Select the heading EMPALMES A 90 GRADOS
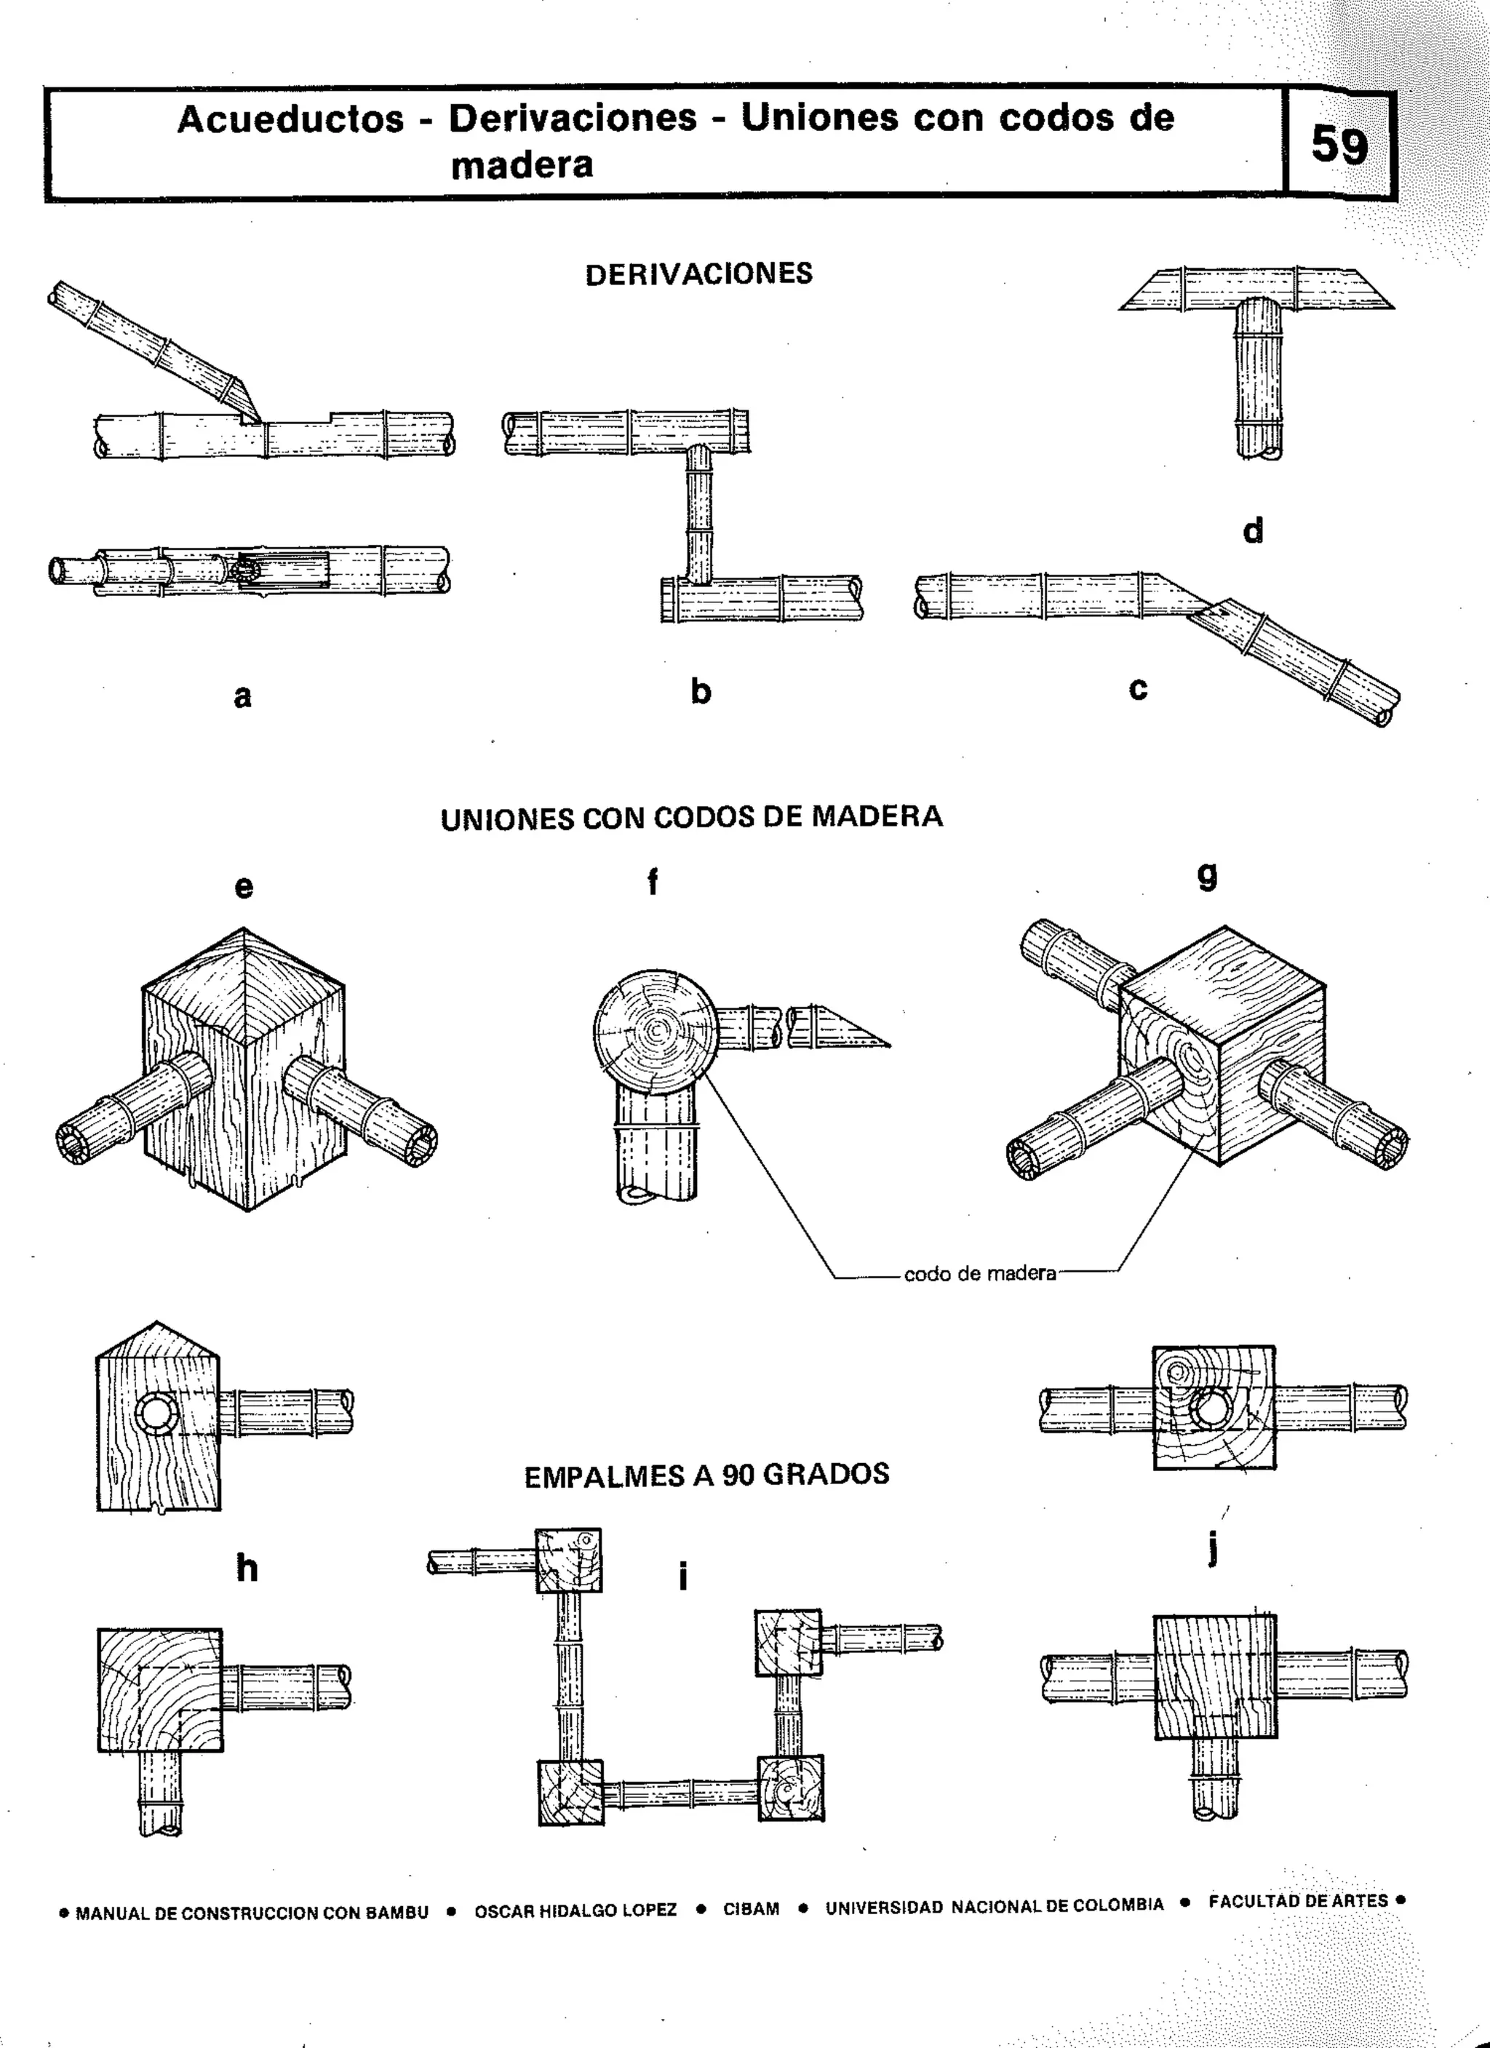click(x=706, y=1475)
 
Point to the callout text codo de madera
click(x=980, y=1274)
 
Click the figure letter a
click(x=242, y=696)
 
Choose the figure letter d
click(x=1253, y=530)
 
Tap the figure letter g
click(x=1206, y=875)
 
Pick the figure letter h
click(x=247, y=1568)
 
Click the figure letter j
click(x=1214, y=1550)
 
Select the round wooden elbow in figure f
click(x=654, y=1029)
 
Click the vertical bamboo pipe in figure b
click(x=699, y=514)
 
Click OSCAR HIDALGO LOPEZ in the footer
click(x=575, y=1910)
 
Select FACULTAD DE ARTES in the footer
click(x=1298, y=1901)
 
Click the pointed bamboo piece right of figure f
click(x=840, y=1029)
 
